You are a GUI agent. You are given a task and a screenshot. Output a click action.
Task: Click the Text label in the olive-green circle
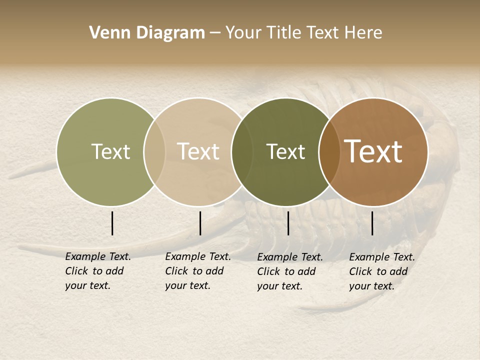(x=110, y=151)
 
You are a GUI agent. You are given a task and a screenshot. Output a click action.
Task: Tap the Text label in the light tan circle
(x=198, y=151)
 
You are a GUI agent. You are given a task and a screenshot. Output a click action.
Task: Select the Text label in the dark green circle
(x=285, y=151)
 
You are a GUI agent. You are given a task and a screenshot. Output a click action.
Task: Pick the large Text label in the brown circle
(x=373, y=151)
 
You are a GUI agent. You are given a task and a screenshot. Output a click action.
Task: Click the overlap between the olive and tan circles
(x=154, y=151)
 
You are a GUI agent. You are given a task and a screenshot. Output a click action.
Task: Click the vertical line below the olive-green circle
(x=112, y=223)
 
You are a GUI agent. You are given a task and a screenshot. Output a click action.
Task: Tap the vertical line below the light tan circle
(x=200, y=223)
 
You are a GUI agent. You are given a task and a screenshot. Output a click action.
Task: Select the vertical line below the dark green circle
(x=288, y=223)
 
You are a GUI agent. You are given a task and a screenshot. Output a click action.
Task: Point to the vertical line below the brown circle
(x=372, y=223)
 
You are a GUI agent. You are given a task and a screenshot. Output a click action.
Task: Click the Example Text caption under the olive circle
(x=98, y=271)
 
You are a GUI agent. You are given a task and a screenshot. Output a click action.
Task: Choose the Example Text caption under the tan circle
(x=198, y=271)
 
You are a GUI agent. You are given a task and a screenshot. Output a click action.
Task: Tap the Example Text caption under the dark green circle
(x=290, y=271)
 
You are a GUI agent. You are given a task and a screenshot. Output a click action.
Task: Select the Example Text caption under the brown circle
(x=382, y=271)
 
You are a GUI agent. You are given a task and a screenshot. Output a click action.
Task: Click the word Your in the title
(x=243, y=33)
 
